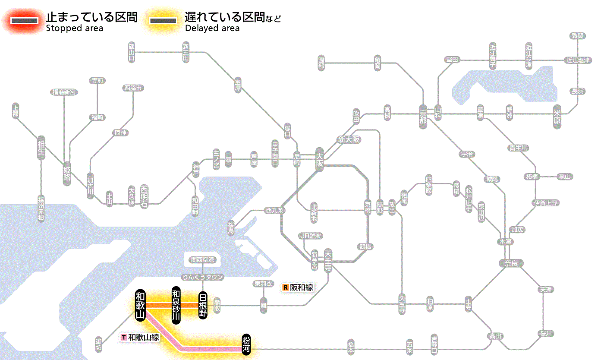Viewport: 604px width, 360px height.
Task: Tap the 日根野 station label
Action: pos(203,305)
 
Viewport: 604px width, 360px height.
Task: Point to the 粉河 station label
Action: pos(246,344)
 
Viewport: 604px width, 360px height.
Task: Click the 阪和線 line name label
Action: pos(302,287)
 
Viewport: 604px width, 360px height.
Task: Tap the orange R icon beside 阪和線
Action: pos(285,287)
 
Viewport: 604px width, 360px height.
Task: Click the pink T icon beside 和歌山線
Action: pos(124,337)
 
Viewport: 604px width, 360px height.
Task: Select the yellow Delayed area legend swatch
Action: pos(163,20)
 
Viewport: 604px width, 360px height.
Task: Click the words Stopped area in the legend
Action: pos(75,28)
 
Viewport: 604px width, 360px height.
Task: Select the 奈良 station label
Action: pos(511,263)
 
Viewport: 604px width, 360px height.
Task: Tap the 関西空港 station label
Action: pos(202,260)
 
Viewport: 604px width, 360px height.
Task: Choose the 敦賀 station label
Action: pos(577,36)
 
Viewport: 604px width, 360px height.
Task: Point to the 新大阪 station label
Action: pos(349,140)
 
